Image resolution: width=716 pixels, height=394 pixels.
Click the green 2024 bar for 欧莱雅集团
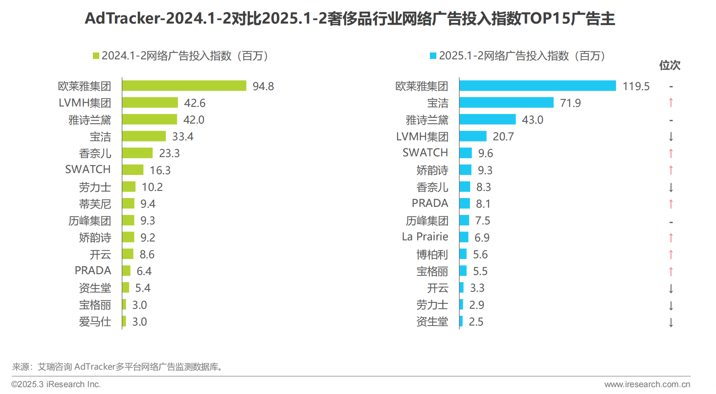[x=184, y=86]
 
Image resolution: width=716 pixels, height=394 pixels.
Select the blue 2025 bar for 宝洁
[x=506, y=103]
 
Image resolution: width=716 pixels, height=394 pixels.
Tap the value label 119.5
[x=636, y=86]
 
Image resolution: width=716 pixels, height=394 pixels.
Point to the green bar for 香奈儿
[x=137, y=153]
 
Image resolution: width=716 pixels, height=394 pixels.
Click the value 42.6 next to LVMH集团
[x=194, y=103]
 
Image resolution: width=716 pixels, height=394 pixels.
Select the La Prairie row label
[x=425, y=237]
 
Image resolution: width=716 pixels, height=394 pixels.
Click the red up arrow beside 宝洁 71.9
[x=671, y=103]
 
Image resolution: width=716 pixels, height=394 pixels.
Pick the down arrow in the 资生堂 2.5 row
[x=671, y=322]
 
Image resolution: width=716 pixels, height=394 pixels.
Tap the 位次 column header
[x=670, y=65]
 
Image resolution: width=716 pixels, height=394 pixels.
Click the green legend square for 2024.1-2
[x=96, y=56]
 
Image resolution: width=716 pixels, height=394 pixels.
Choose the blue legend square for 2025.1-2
[x=433, y=56]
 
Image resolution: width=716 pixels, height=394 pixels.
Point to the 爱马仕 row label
[x=95, y=322]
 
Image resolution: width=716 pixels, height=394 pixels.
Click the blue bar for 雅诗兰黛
[x=487, y=119]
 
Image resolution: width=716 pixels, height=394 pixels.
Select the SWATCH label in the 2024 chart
[x=88, y=169]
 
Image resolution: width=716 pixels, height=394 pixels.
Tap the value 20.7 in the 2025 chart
[x=503, y=137]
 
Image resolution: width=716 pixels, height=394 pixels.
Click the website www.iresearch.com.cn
[x=647, y=384]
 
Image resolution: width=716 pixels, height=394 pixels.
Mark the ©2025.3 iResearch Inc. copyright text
[x=56, y=384]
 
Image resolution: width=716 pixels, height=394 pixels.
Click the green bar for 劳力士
[x=129, y=187]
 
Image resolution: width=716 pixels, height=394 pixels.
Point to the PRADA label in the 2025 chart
[x=430, y=203]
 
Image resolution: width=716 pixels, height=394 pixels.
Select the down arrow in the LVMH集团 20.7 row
[x=671, y=137]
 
